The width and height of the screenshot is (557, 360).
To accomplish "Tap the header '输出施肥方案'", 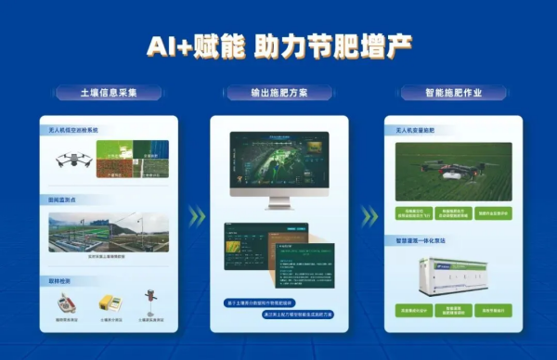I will pos(278,93).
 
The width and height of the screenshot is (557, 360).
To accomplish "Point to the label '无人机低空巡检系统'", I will pos(74,131).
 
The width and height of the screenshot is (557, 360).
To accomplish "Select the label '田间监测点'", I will pos(62,200).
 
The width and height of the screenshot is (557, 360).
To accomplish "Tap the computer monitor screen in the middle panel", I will pos(278,168).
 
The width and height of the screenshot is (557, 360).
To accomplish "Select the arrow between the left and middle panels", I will pos(195,216).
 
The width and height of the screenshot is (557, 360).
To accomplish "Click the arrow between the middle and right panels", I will pos(369,216).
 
